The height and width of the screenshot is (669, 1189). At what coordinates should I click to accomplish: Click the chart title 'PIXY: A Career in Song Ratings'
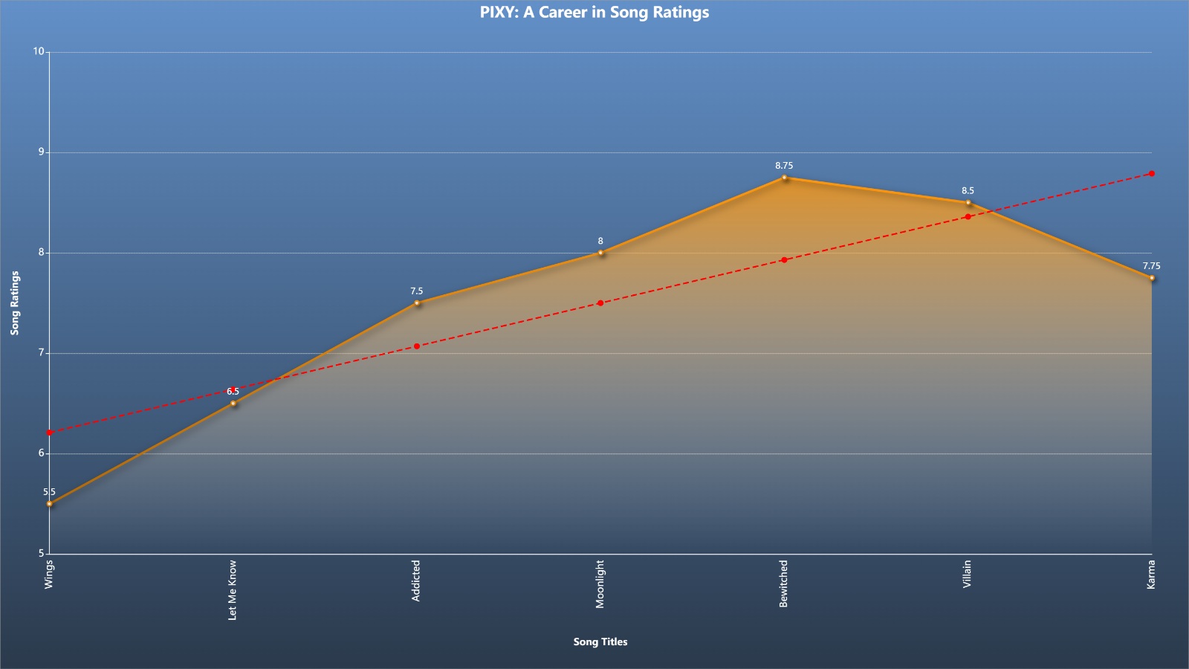click(594, 12)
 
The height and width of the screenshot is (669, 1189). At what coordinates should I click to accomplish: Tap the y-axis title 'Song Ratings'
click(15, 303)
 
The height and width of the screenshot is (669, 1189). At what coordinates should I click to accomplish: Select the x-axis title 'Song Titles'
click(600, 641)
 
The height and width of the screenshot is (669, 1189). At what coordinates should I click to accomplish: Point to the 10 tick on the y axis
click(39, 51)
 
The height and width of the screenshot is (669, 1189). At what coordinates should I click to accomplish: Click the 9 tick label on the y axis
click(42, 152)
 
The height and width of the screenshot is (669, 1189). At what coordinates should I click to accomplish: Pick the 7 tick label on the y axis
click(42, 352)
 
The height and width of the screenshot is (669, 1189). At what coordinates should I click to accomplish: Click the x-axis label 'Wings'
click(49, 574)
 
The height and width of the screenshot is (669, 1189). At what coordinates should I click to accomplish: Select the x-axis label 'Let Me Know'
click(233, 590)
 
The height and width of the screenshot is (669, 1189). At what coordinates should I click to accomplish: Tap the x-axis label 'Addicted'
click(416, 581)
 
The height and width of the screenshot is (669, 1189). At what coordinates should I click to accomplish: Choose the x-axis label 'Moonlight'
click(600, 584)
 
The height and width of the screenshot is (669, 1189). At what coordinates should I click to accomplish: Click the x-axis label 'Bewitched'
click(783, 584)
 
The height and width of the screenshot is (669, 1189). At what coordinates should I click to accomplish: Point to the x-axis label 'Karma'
click(1151, 574)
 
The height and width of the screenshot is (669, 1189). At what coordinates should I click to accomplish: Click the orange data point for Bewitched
click(784, 178)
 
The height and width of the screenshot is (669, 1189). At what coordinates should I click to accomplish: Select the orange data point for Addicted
click(417, 303)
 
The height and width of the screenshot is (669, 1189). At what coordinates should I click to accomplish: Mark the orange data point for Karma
click(1152, 278)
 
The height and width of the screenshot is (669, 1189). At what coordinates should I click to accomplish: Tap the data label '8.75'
click(784, 166)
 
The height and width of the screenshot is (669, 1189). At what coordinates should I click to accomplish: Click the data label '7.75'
click(1151, 266)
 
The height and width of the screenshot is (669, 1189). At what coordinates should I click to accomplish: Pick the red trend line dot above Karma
click(1152, 174)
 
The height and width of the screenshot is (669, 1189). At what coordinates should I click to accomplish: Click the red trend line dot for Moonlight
click(600, 303)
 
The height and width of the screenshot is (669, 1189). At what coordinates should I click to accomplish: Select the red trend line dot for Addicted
click(417, 346)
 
